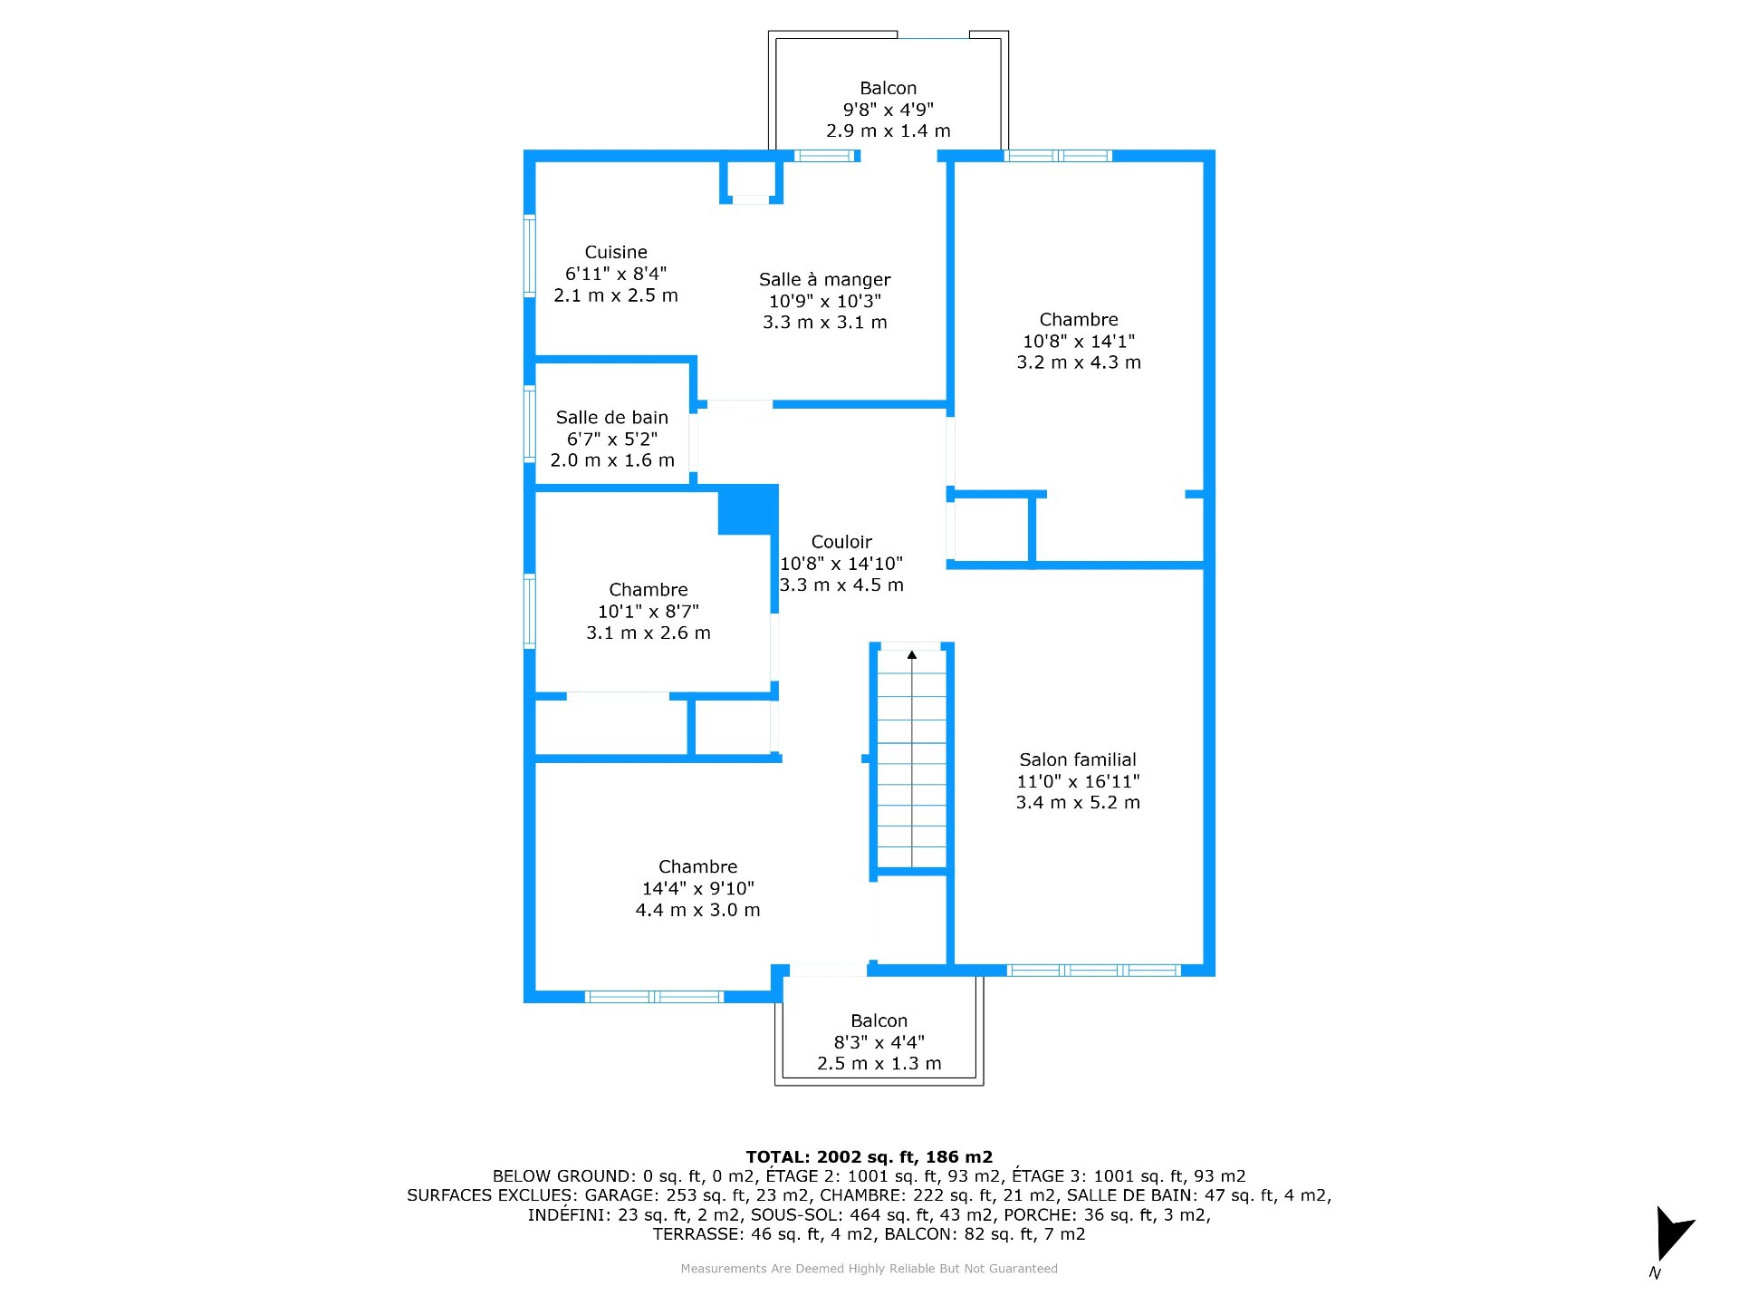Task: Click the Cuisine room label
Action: [x=616, y=252]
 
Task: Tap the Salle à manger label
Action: [x=824, y=279]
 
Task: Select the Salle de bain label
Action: [x=612, y=417]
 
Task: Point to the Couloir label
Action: [x=841, y=542]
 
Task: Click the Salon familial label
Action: [x=1078, y=759]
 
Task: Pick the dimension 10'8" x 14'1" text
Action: [x=1078, y=342]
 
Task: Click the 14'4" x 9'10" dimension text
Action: [x=697, y=888]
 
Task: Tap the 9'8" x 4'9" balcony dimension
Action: [x=888, y=110]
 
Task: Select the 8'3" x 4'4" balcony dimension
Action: [x=879, y=1042]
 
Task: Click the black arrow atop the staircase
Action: [x=912, y=654]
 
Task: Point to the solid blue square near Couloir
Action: [x=748, y=510]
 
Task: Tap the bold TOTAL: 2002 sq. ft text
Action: [x=869, y=1157]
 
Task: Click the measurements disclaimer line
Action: [x=869, y=1269]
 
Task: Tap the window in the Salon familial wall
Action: [x=1093, y=971]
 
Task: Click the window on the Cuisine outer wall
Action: [x=530, y=256]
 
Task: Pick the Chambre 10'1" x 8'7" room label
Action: [x=649, y=590]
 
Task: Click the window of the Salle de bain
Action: [x=530, y=424]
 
